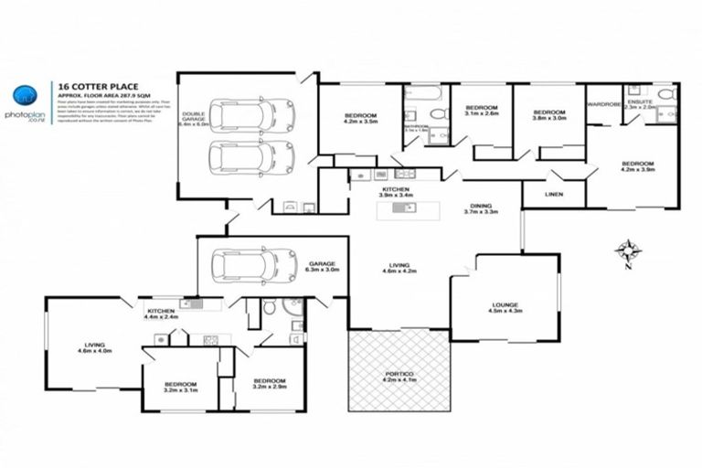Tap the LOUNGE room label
point(504,307)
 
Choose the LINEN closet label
point(553,194)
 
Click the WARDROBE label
point(604,104)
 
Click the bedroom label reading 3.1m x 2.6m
point(481,110)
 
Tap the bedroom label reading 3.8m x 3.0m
point(549,113)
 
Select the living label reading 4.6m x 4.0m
point(90,346)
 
